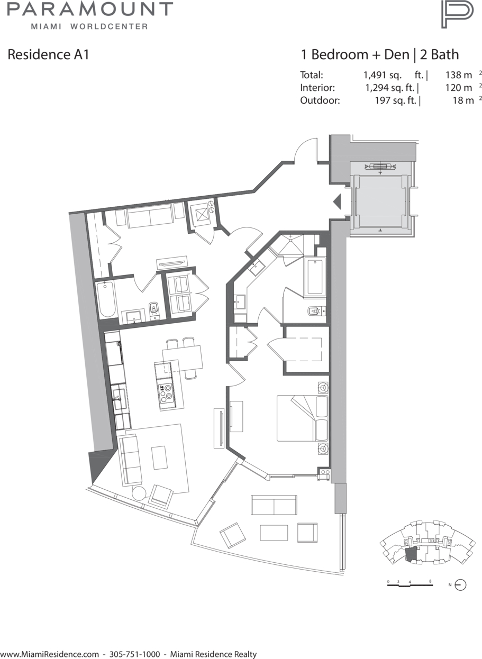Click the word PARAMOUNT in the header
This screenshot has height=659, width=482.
[90, 9]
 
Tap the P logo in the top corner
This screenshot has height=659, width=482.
[457, 14]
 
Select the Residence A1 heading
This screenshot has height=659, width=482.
[48, 54]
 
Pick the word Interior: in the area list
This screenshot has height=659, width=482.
[317, 88]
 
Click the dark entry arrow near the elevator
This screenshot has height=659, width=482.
[337, 202]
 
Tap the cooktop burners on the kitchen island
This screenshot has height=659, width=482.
[166, 393]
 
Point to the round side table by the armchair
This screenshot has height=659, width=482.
[139, 493]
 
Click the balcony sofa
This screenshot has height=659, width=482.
[274, 505]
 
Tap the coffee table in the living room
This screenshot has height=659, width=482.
[159, 458]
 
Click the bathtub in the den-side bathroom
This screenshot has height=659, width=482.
[107, 299]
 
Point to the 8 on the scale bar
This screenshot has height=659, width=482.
[431, 581]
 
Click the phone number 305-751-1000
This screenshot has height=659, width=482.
[135, 654]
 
